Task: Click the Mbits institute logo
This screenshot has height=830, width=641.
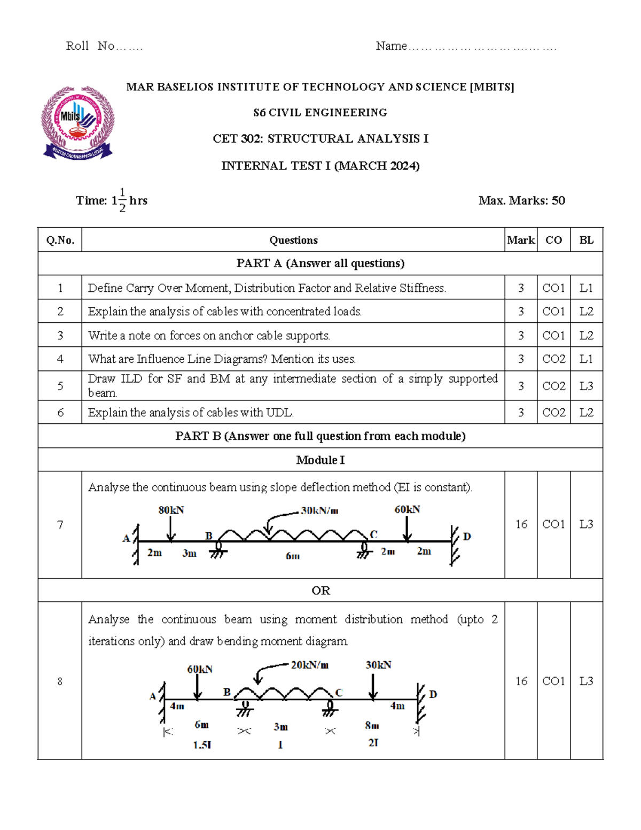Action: [77, 123]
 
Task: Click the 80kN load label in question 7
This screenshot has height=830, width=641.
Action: [171, 510]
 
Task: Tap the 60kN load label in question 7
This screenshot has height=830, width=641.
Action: [407, 509]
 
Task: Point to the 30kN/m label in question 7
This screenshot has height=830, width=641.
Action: [319, 510]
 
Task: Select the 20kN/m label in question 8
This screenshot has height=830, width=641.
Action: [309, 665]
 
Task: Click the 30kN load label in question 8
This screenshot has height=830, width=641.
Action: [378, 665]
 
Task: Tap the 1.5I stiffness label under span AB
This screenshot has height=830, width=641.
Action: [202, 744]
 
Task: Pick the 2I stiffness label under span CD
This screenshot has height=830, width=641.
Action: [373, 742]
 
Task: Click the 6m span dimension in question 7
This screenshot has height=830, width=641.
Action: [292, 556]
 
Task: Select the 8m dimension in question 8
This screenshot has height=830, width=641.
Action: [372, 725]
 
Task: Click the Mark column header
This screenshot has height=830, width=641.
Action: [521, 240]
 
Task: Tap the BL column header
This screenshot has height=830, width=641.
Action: [586, 240]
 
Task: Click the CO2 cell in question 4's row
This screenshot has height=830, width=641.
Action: [553, 359]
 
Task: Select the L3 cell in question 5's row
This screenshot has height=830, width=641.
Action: [586, 386]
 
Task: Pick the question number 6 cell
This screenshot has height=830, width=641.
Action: [60, 413]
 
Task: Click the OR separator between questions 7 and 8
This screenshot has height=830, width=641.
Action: [320, 591]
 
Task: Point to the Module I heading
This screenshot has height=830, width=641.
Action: [320, 460]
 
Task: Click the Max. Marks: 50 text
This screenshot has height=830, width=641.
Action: [521, 200]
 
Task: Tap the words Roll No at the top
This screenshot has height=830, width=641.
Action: [90, 46]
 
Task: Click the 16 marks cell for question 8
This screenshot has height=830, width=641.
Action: [521, 681]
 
